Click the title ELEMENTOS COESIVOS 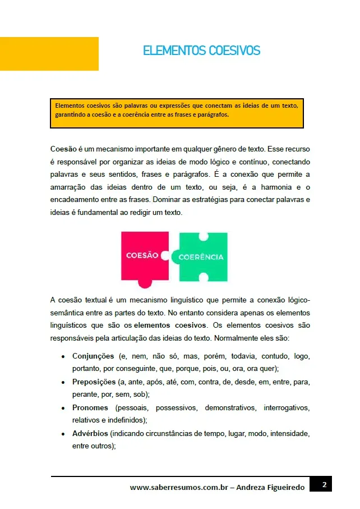tap(201, 51)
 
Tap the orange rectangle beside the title tap(49, 54)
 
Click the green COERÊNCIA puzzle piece tap(202, 257)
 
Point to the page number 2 tap(324, 484)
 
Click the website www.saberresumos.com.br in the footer tap(177, 488)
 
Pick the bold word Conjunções tap(93, 356)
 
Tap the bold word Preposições tap(94, 382)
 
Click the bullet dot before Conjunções tap(62, 357)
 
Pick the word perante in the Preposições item tap(84, 395)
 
